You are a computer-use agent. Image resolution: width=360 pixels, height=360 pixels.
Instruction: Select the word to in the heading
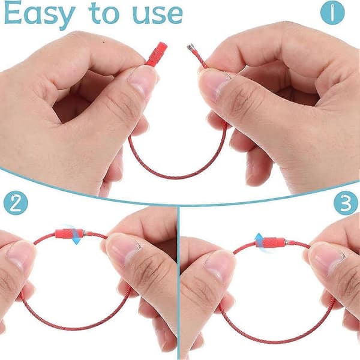coord(104,14)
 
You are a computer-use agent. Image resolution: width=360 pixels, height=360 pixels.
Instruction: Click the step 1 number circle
coord(332,13)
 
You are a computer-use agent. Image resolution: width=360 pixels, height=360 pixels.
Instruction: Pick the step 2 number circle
coord(16,203)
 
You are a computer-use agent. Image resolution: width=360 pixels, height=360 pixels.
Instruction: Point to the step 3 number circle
coord(346,203)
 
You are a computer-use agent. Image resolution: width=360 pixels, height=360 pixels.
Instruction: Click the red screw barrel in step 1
coord(157,54)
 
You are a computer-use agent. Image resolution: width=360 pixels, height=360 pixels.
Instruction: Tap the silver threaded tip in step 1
coord(191,47)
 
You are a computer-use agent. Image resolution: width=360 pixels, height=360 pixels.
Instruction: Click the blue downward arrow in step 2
coord(75,235)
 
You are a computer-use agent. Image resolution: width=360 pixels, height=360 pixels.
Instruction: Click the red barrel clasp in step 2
coord(69,233)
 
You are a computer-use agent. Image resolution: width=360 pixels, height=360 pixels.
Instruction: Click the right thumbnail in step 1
coord(213,85)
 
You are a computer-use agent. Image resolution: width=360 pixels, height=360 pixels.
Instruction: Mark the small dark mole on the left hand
coord(104,42)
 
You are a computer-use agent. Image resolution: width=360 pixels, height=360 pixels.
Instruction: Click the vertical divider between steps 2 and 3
coord(179,283)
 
